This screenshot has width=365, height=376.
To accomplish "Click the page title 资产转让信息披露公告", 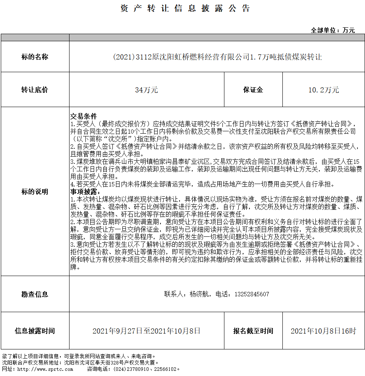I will (x=185, y=9).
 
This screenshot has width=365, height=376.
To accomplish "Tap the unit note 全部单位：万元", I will (x=333, y=30).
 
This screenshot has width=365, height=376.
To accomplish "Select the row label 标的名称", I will (x=35, y=57).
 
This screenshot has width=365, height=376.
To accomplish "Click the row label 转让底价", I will (x=35, y=90).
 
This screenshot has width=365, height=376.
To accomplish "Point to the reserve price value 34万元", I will (x=147, y=90).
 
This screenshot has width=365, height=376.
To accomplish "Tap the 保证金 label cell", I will (x=253, y=90).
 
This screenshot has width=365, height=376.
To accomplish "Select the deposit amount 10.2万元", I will (x=324, y=90).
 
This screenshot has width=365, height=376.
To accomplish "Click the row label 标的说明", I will (x=35, y=192).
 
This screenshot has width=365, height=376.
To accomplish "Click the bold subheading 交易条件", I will (x=84, y=117).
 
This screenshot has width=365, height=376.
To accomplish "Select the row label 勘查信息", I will (x=35, y=294).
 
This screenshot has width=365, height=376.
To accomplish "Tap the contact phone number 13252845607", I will (x=252, y=294).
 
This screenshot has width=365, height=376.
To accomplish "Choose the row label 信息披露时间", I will (x=35, y=331).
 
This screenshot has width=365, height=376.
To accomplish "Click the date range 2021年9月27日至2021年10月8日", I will (x=147, y=331).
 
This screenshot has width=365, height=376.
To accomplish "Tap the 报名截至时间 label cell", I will (x=253, y=331).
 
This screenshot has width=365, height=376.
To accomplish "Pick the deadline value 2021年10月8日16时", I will (x=324, y=331).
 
